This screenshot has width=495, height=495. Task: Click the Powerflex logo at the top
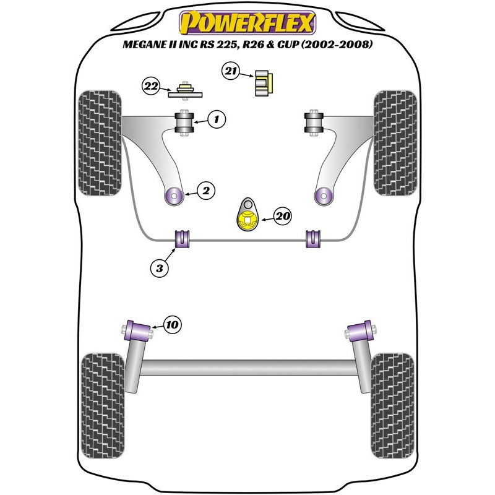tap(247, 23)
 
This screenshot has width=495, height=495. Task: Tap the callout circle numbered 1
tap(217, 119)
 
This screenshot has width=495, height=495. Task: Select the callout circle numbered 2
tap(206, 191)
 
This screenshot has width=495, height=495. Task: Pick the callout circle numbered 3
tap(160, 269)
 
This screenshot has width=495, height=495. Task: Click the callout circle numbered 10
tap(173, 324)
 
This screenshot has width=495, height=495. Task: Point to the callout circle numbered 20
tap(283, 216)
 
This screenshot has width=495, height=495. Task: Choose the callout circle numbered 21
tap(231, 71)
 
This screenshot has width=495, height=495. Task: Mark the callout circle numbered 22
tap(151, 86)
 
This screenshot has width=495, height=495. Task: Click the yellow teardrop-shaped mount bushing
tap(247, 215)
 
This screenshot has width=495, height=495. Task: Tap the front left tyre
tap(100, 143)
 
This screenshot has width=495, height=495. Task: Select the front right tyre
tap(395, 143)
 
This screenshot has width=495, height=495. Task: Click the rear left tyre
tap(103, 406)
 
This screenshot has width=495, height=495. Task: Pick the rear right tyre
tap(392, 406)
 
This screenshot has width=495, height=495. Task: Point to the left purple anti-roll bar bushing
tap(181, 239)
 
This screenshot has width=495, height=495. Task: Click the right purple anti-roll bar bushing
tap(313, 239)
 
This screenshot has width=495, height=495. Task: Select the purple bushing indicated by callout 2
tap(174, 196)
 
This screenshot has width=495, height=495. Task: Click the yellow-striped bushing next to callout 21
tap(264, 83)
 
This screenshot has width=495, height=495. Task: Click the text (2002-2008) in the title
tap(337, 44)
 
